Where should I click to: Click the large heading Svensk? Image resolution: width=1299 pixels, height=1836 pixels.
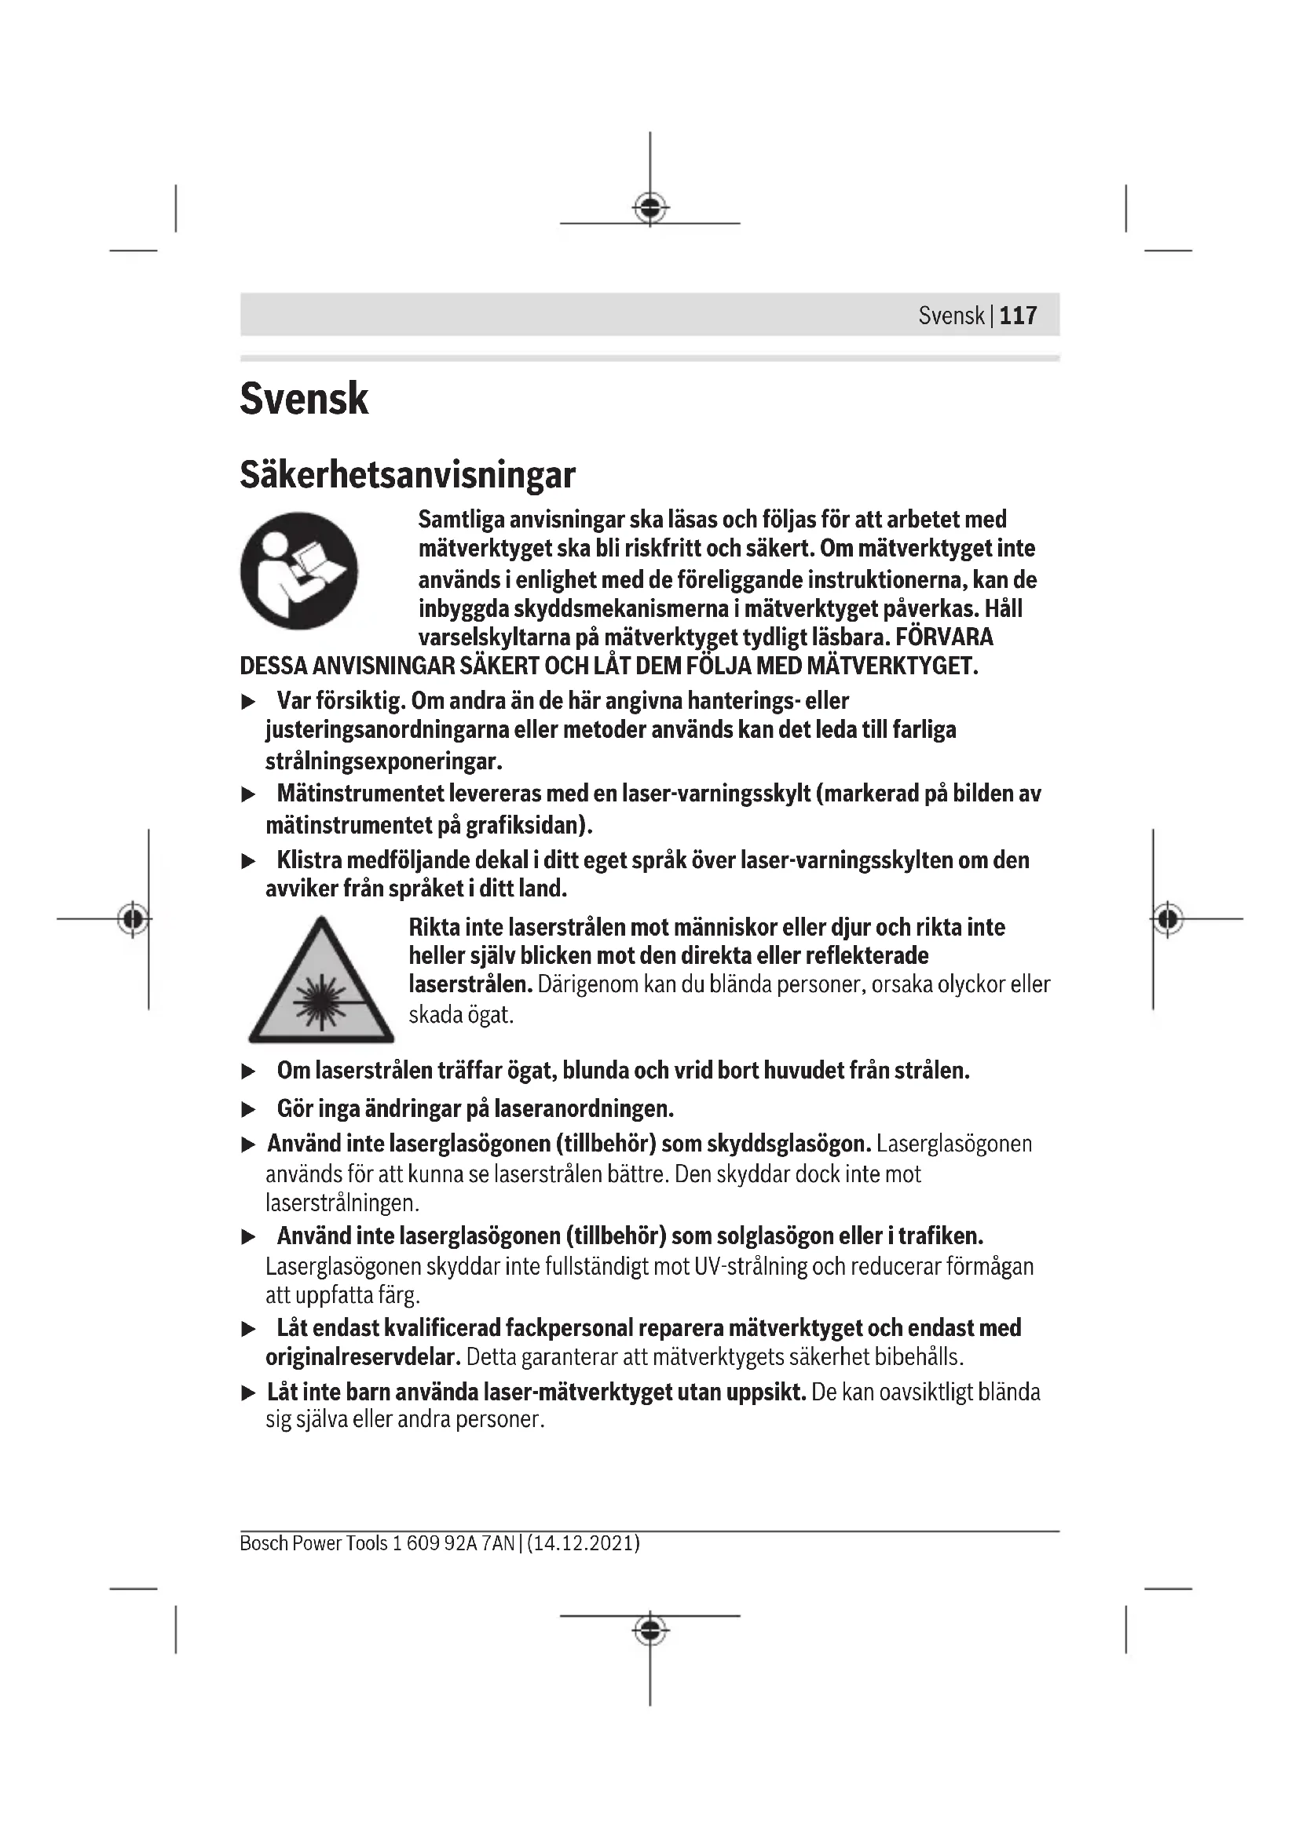tap(304, 398)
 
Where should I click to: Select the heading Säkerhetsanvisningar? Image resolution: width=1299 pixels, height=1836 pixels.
tap(407, 474)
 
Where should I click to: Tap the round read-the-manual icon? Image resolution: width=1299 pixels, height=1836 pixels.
tap(298, 570)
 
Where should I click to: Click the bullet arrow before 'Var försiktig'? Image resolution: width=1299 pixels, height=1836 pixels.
tap(249, 702)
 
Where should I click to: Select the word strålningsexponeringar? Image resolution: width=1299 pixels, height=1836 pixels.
tap(383, 761)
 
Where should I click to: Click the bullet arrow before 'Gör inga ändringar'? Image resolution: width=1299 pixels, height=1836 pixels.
tap(249, 1110)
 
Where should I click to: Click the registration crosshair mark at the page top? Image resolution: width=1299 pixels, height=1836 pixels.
tap(650, 208)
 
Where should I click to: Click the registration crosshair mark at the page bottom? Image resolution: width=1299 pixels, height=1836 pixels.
tap(650, 1630)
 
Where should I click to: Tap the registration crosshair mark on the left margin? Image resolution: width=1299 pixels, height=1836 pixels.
tap(133, 919)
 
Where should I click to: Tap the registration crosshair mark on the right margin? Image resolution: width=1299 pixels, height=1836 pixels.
tap(1168, 919)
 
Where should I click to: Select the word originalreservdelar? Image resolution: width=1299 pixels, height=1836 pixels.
tap(363, 1357)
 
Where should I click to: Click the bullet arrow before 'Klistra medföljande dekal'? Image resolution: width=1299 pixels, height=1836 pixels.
tap(249, 861)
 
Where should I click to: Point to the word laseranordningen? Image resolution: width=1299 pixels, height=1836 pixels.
tap(584, 1109)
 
